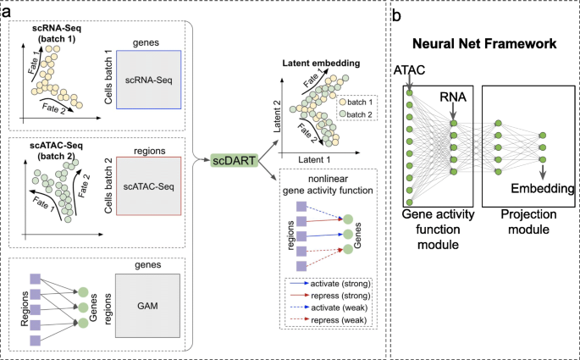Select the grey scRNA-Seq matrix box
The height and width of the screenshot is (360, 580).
click(149, 80)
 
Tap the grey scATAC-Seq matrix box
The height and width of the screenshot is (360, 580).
click(149, 186)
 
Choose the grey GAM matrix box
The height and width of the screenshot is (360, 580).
click(147, 306)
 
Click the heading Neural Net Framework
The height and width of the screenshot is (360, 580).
click(484, 44)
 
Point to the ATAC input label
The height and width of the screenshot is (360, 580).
click(409, 70)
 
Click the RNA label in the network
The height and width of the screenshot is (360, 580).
click(453, 97)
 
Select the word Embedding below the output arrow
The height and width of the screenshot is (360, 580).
click(542, 188)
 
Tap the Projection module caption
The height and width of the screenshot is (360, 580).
click(528, 222)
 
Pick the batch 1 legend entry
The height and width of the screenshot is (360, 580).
click(356, 102)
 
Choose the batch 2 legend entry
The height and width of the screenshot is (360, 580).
click(356, 114)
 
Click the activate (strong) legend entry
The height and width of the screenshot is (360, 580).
click(330, 284)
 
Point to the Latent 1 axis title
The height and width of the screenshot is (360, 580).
click(314, 159)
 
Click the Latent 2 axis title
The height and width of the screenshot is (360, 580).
click(277, 117)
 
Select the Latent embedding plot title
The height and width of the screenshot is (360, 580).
click(321, 63)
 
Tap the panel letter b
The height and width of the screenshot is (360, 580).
click(396, 16)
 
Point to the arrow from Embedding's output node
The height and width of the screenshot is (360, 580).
click(542, 172)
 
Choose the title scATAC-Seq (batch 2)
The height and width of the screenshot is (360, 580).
click(56, 151)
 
